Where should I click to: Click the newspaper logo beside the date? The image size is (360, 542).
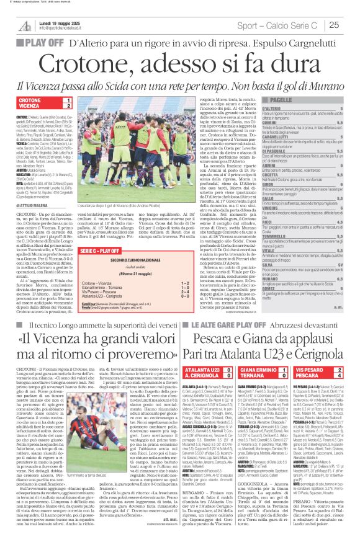click(25, 25)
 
